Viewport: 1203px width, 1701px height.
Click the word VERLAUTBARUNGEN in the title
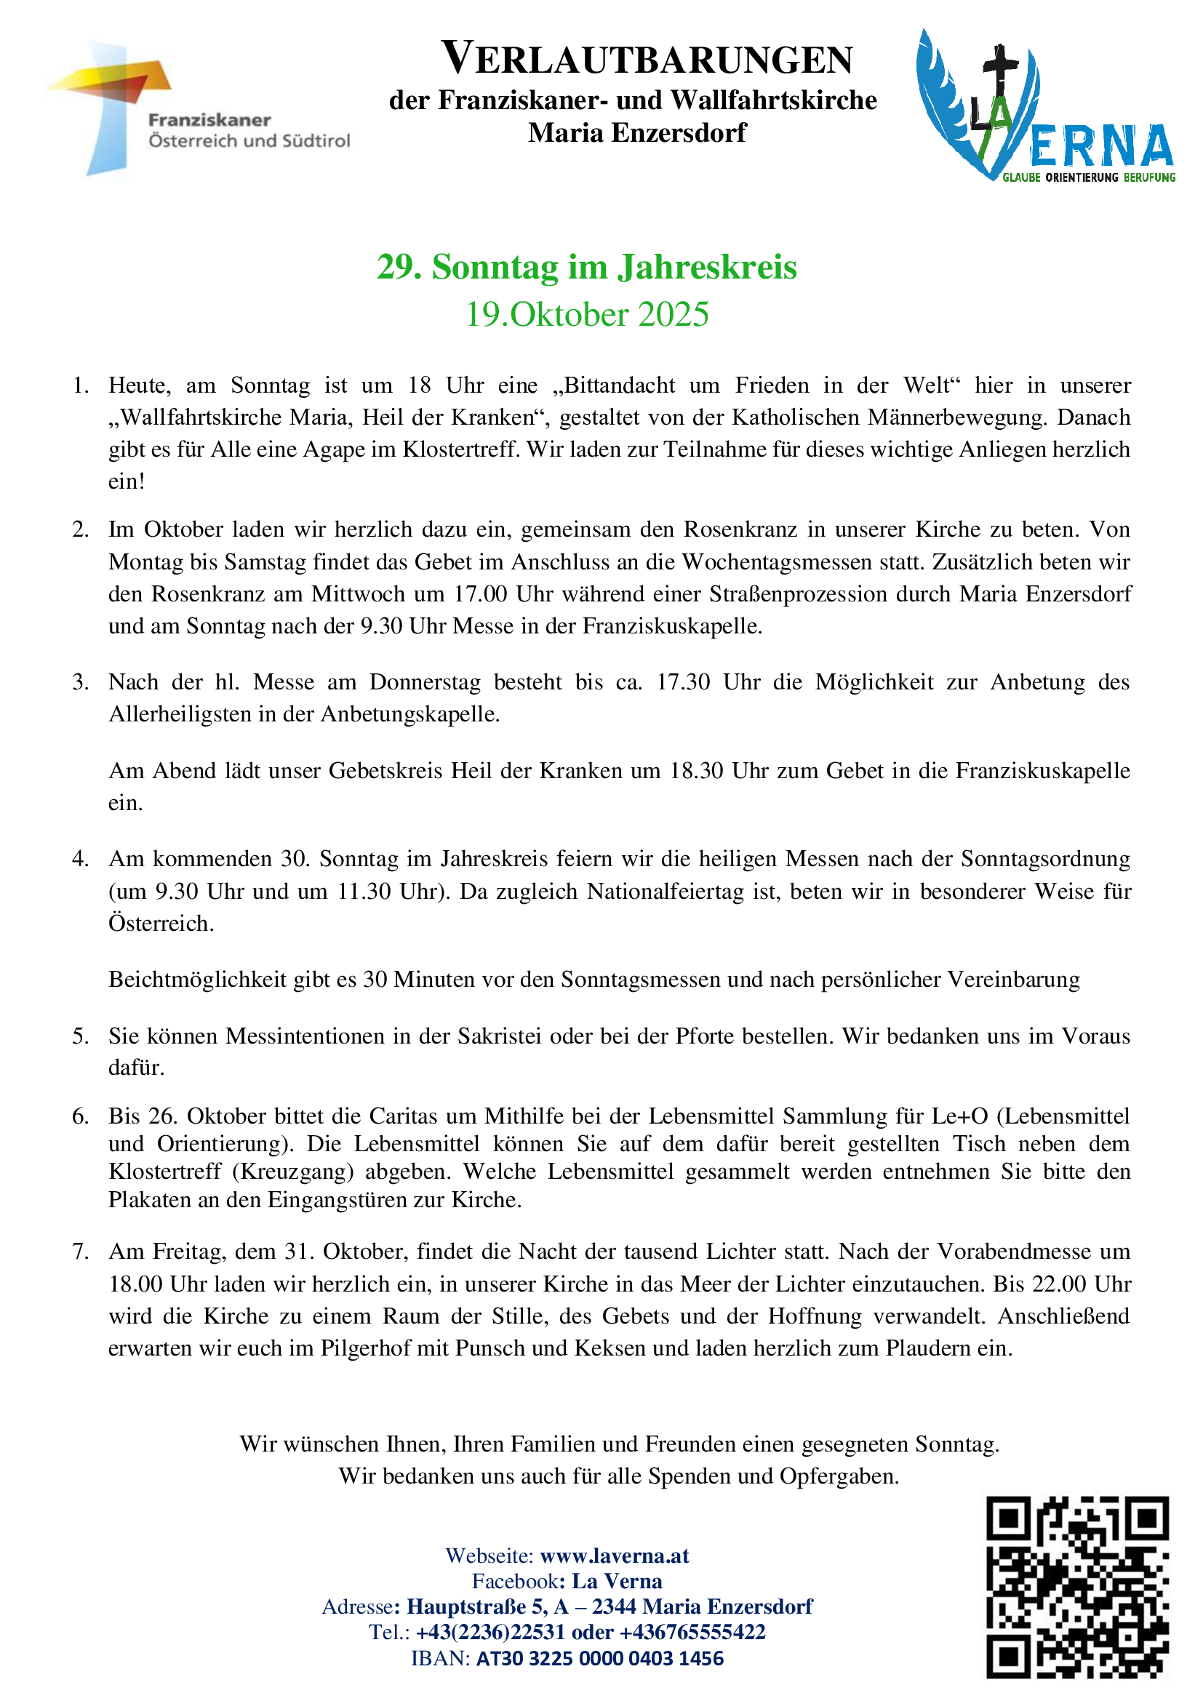(x=647, y=59)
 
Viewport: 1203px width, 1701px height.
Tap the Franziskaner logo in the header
(x=196, y=108)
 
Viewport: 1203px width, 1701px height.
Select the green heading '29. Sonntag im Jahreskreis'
(x=587, y=267)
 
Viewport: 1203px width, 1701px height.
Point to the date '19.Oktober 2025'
(x=587, y=314)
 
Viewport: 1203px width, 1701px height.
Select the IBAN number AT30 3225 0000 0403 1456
(x=599, y=1658)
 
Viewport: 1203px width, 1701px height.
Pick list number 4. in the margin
(x=81, y=859)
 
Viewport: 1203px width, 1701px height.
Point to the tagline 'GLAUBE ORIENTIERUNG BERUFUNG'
(x=1089, y=177)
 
